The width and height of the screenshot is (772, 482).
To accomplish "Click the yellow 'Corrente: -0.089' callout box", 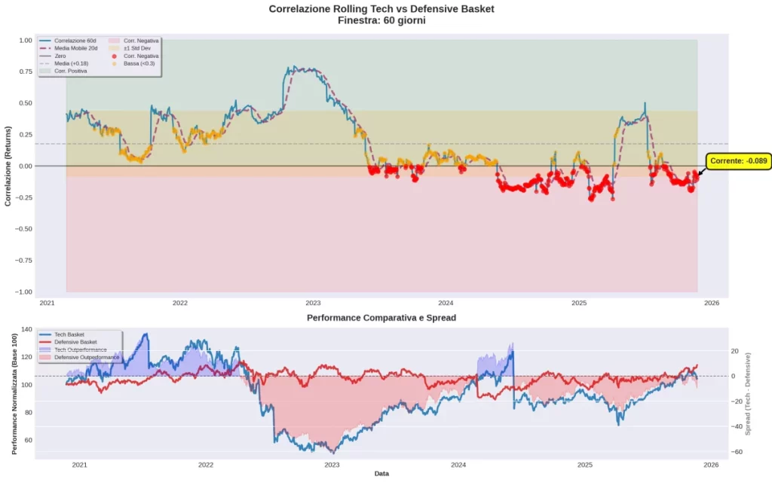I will (738, 160).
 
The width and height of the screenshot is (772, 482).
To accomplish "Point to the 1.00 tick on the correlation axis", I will (25, 40).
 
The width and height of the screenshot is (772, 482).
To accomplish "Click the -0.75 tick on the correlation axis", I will (23, 261).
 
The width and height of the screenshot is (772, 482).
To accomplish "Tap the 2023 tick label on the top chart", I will (313, 303).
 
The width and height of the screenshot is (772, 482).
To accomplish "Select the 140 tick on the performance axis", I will (26, 330).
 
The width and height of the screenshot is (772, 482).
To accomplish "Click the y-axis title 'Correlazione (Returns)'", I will (8, 166).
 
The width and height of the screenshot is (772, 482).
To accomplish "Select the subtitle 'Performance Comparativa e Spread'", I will (381, 318).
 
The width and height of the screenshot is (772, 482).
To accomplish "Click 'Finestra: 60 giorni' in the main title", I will (381, 20).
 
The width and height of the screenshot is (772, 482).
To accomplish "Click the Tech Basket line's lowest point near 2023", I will (332, 452).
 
